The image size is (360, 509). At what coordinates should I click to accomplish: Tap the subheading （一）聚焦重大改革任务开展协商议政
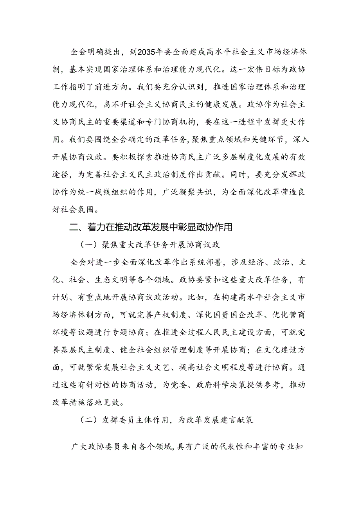click(x=149, y=245)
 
